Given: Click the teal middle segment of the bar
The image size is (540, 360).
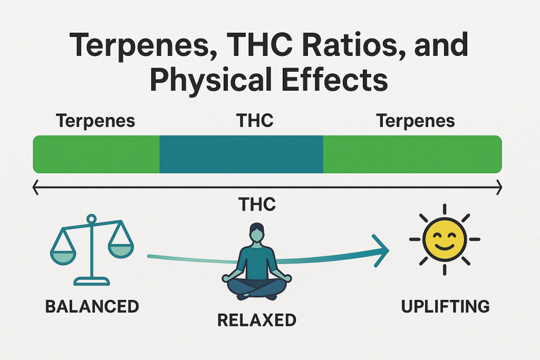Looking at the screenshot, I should pyautogui.click(x=241, y=154).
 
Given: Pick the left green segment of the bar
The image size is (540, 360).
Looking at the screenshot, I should pyautogui.click(x=96, y=154).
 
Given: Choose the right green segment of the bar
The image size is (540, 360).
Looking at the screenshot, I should pyautogui.click(x=412, y=154).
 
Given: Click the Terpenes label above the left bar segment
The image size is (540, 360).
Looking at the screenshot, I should pyautogui.click(x=95, y=121).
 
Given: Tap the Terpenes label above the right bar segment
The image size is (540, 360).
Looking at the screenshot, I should pyautogui.click(x=416, y=121).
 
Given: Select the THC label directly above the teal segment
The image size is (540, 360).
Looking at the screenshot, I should pyautogui.click(x=255, y=121).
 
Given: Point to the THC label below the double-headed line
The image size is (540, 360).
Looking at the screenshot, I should pyautogui.click(x=257, y=204).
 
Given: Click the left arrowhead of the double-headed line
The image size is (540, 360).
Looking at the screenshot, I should pyautogui.click(x=36, y=186).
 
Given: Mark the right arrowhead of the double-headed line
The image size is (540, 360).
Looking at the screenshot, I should pyautogui.click(x=498, y=186).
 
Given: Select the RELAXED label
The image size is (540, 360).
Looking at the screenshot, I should pyautogui.click(x=258, y=320).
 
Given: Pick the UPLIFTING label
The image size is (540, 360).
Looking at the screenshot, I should pyautogui.click(x=445, y=306).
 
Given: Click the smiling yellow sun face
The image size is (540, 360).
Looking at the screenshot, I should pyautogui.click(x=445, y=239).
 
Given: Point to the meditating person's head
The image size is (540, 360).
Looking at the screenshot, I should pyautogui.click(x=257, y=233).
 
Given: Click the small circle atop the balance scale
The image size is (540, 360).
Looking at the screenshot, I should pyautogui.click(x=91, y=218).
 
